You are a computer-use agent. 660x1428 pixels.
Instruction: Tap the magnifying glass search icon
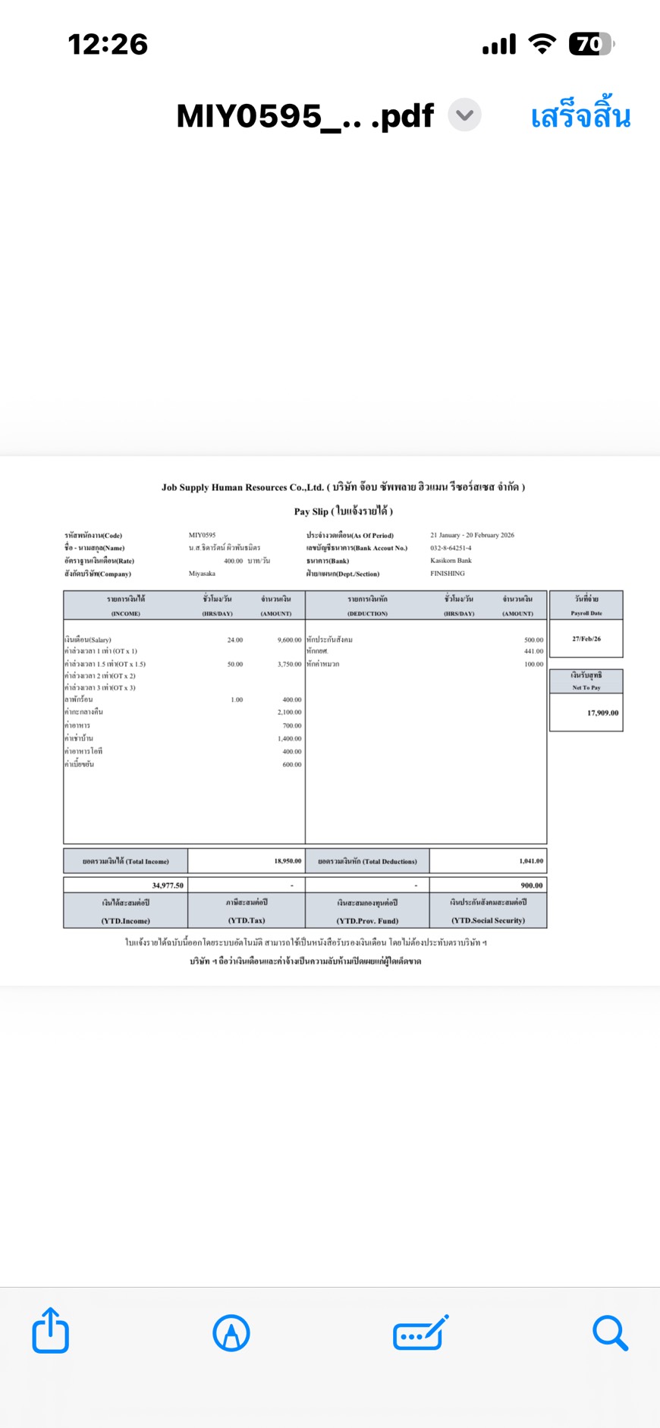[x=610, y=1332]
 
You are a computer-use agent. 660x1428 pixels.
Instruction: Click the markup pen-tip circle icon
[x=231, y=1333]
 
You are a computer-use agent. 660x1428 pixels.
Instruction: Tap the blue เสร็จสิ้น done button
[x=580, y=116]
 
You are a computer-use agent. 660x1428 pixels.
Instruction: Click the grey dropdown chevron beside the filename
[x=464, y=115]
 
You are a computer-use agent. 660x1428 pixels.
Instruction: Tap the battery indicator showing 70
[x=591, y=45]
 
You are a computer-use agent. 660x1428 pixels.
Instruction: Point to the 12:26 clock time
[x=108, y=45]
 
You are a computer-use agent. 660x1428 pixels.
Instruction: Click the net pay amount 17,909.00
[x=602, y=712]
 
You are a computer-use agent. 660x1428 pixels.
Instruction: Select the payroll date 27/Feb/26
[x=586, y=639]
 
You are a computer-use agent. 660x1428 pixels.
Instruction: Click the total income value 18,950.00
[x=288, y=861]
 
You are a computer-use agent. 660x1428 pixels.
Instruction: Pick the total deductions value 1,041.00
[x=531, y=861]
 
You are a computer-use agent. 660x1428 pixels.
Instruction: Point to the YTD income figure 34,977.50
[x=168, y=885]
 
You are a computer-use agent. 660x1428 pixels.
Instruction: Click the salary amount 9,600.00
[x=289, y=640]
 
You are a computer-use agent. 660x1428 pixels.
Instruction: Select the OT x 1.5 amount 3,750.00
[x=289, y=664]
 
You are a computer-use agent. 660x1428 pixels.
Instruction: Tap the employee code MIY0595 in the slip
[x=202, y=535]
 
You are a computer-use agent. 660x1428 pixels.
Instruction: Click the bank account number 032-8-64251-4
[x=451, y=548]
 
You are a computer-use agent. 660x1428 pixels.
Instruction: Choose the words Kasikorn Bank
[x=451, y=561]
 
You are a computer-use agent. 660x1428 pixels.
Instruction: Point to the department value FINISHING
[x=447, y=574]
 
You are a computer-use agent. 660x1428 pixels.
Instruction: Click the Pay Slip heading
[x=343, y=511]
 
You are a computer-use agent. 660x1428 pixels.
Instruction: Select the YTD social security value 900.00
[x=531, y=885]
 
